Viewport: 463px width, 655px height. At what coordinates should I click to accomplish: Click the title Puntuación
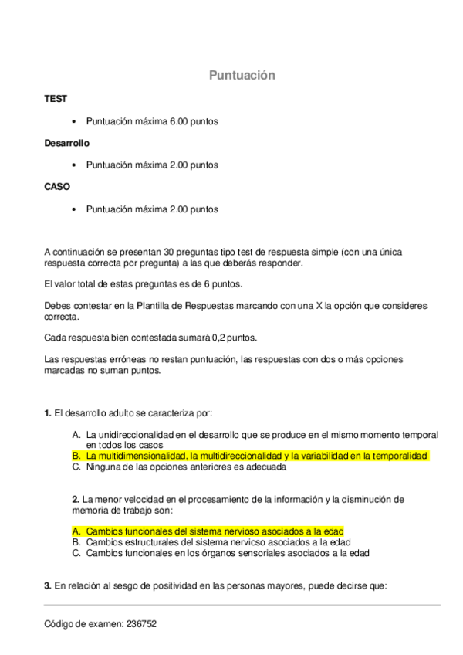(242, 75)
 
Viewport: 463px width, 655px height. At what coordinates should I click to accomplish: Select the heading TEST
(56, 99)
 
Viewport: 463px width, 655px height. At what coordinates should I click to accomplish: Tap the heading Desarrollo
(67, 143)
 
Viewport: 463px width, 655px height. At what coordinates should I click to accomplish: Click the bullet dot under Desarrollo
(74, 165)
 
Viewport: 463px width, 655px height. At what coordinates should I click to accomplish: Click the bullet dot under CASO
(74, 209)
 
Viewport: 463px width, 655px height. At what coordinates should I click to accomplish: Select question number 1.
(47, 413)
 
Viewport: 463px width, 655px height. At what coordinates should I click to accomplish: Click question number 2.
(75, 500)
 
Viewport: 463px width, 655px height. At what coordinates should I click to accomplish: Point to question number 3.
(47, 585)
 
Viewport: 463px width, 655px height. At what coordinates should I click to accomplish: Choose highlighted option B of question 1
(250, 456)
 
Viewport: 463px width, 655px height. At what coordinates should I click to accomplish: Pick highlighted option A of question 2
(208, 531)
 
